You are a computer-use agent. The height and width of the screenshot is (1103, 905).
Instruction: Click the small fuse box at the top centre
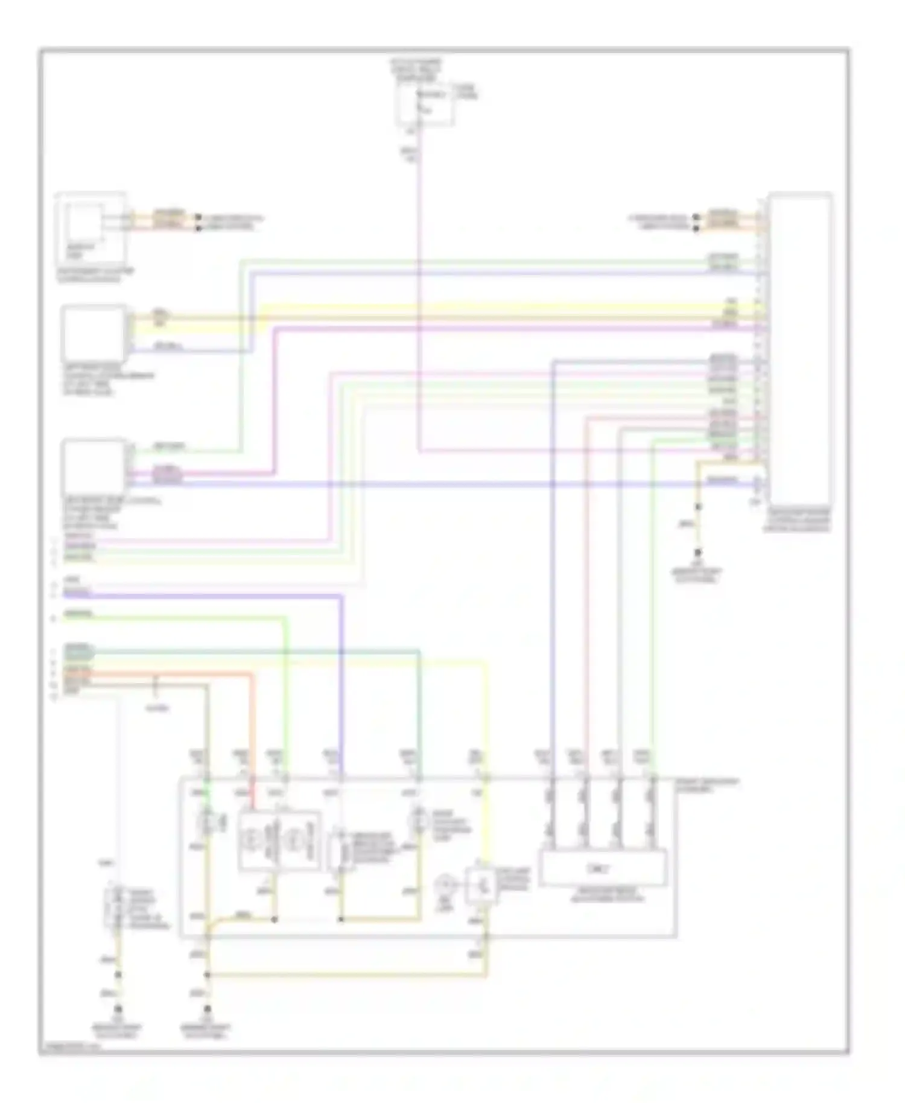424,104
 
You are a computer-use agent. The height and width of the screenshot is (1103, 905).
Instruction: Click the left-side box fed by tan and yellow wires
94,334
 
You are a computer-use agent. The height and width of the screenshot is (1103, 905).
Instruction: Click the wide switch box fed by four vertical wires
602,868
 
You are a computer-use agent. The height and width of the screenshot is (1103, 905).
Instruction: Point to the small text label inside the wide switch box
602,869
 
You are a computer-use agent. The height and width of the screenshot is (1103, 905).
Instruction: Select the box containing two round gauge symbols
279,841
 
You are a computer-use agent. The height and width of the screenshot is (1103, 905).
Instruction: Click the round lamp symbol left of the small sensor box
445,885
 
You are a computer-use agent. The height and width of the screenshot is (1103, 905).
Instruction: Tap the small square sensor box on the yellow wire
481,886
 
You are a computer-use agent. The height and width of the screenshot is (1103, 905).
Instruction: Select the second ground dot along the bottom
208,1009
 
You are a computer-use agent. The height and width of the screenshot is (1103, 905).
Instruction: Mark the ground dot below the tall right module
698,552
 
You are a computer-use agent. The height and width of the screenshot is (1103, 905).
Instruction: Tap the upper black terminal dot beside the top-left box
198,217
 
